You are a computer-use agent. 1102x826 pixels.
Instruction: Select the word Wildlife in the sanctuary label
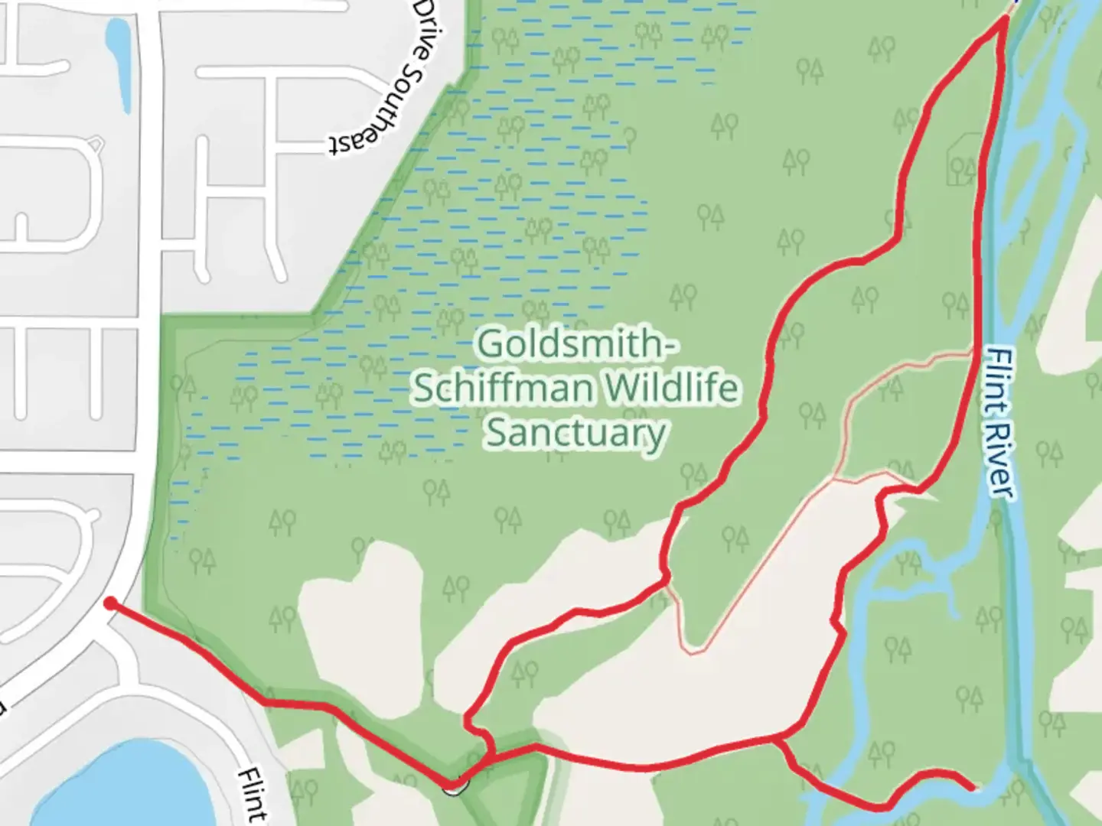click(x=673, y=388)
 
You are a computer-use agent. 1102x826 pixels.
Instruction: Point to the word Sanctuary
click(x=575, y=433)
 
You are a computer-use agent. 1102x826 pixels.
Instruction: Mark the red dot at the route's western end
click(x=110, y=604)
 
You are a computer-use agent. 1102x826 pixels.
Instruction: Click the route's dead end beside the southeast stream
click(x=972, y=787)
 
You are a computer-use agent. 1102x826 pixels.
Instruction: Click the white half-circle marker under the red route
click(x=454, y=788)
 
